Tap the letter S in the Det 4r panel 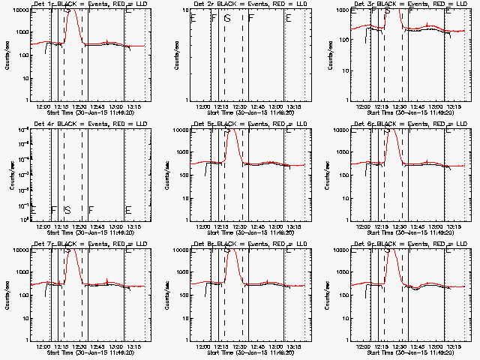tap(67, 209)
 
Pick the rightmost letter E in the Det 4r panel tap(128, 209)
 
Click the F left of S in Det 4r tap(53, 209)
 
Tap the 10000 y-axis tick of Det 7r tap(19, 250)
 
